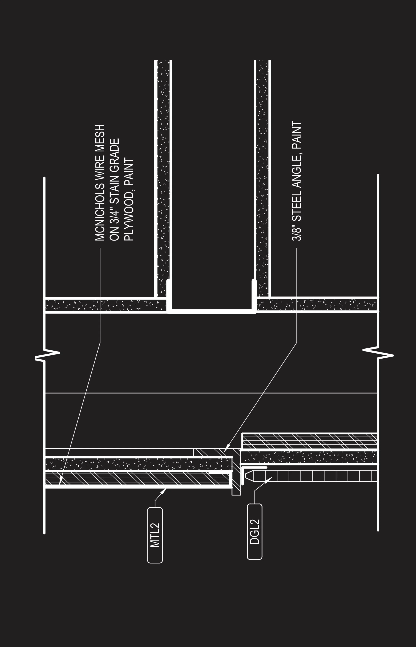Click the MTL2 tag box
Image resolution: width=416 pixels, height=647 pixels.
155,535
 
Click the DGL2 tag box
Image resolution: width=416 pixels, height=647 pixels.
255,532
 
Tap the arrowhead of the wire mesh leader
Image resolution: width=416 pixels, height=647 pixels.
60,483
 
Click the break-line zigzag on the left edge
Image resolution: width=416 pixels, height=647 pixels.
47,355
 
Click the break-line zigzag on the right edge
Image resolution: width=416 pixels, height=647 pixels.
378,353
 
